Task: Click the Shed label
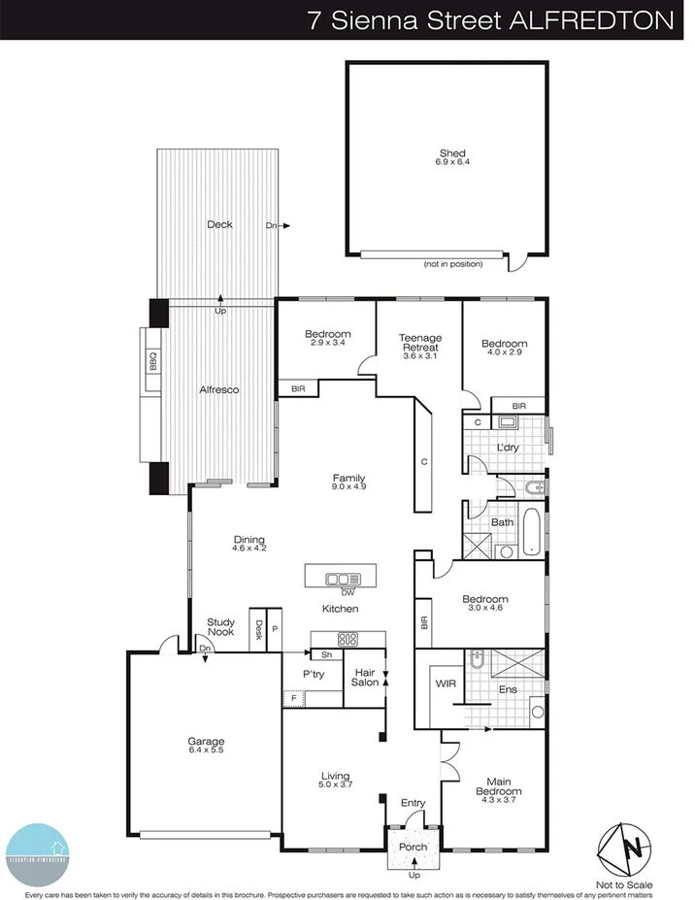[452, 153]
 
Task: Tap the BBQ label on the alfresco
[152, 363]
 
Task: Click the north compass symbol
[625, 849]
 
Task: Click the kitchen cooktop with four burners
[347, 639]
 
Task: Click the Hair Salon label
[365, 677]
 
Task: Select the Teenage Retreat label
[419, 343]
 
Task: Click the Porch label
[414, 848]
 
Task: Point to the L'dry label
[508, 448]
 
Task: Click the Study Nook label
[220, 627]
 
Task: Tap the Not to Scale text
[625, 884]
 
